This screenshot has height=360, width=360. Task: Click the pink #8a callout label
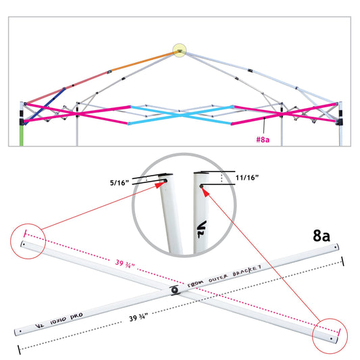pos(263,139)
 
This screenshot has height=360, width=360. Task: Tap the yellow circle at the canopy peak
pos(179,50)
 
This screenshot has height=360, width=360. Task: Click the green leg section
pos(22,136)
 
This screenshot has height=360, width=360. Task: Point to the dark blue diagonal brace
pos(45,106)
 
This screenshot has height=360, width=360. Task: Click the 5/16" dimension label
pos(120,183)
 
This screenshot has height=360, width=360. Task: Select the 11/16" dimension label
pos(247,178)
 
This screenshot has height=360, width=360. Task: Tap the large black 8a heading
pos(322,235)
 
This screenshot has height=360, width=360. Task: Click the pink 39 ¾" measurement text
pos(125,264)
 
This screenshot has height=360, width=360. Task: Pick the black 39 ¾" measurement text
pos(138,317)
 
